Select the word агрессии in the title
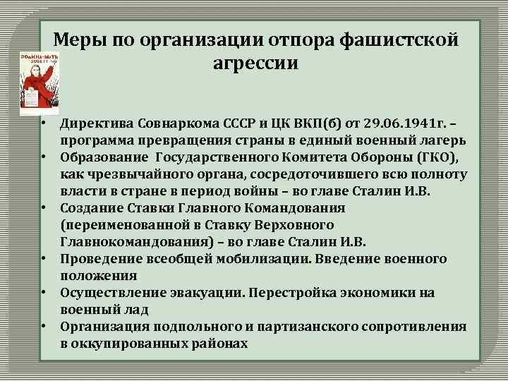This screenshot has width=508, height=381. (x=255, y=63)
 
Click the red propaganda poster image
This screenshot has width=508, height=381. (x=39, y=82)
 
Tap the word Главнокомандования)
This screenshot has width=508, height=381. (x=133, y=242)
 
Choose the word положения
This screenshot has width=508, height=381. (x=99, y=276)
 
